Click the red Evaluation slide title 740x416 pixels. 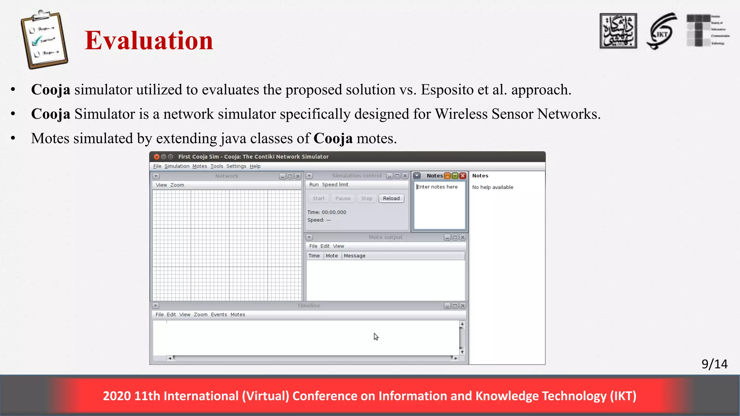click(149, 40)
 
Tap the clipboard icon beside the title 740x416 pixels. click(44, 39)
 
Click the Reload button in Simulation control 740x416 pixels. click(391, 198)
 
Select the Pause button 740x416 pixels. click(343, 198)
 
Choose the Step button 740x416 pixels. click(366, 198)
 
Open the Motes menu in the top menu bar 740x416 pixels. click(199, 166)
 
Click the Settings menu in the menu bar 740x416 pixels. click(236, 166)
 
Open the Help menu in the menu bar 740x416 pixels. click(255, 166)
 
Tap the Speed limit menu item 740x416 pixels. click(335, 185)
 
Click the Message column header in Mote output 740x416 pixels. click(354, 256)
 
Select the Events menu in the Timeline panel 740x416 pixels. click(219, 315)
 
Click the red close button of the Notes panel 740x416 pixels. click(462, 176)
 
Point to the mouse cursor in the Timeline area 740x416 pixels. click(376, 337)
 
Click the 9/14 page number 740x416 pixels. click(714, 364)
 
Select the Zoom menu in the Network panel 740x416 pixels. click(177, 185)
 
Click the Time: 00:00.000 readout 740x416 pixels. click(327, 212)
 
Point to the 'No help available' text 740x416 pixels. click(492, 187)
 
